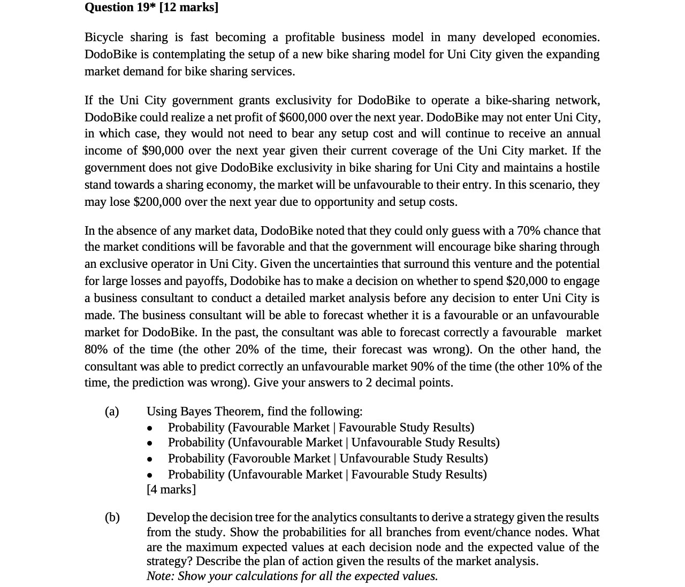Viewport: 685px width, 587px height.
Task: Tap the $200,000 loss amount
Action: click(x=157, y=202)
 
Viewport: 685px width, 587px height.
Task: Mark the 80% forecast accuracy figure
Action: click(x=96, y=349)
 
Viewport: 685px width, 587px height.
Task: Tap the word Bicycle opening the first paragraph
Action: click(x=104, y=37)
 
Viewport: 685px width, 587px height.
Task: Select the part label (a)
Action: click(x=112, y=411)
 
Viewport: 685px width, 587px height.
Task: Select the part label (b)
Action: click(x=112, y=517)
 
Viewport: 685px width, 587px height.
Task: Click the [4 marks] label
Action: click(x=171, y=489)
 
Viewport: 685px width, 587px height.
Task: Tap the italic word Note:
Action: click(x=160, y=576)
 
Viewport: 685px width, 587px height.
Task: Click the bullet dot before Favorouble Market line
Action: click(x=150, y=459)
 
